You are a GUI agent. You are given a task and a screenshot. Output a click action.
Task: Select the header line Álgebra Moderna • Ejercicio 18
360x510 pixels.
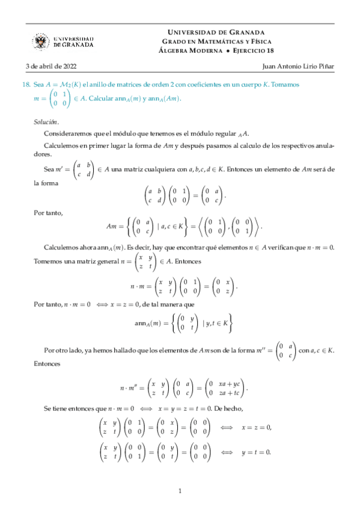click(x=215, y=51)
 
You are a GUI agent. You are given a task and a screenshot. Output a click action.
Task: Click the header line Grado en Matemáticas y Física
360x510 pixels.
click(x=215, y=41)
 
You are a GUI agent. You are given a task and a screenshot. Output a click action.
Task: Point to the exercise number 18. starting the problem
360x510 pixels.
click(x=26, y=85)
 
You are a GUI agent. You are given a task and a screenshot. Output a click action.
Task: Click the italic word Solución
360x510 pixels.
click(x=46, y=121)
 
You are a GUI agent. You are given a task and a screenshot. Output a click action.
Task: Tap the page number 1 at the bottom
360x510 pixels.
click(x=180, y=491)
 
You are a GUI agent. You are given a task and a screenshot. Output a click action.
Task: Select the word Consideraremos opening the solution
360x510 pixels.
click(x=65, y=134)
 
